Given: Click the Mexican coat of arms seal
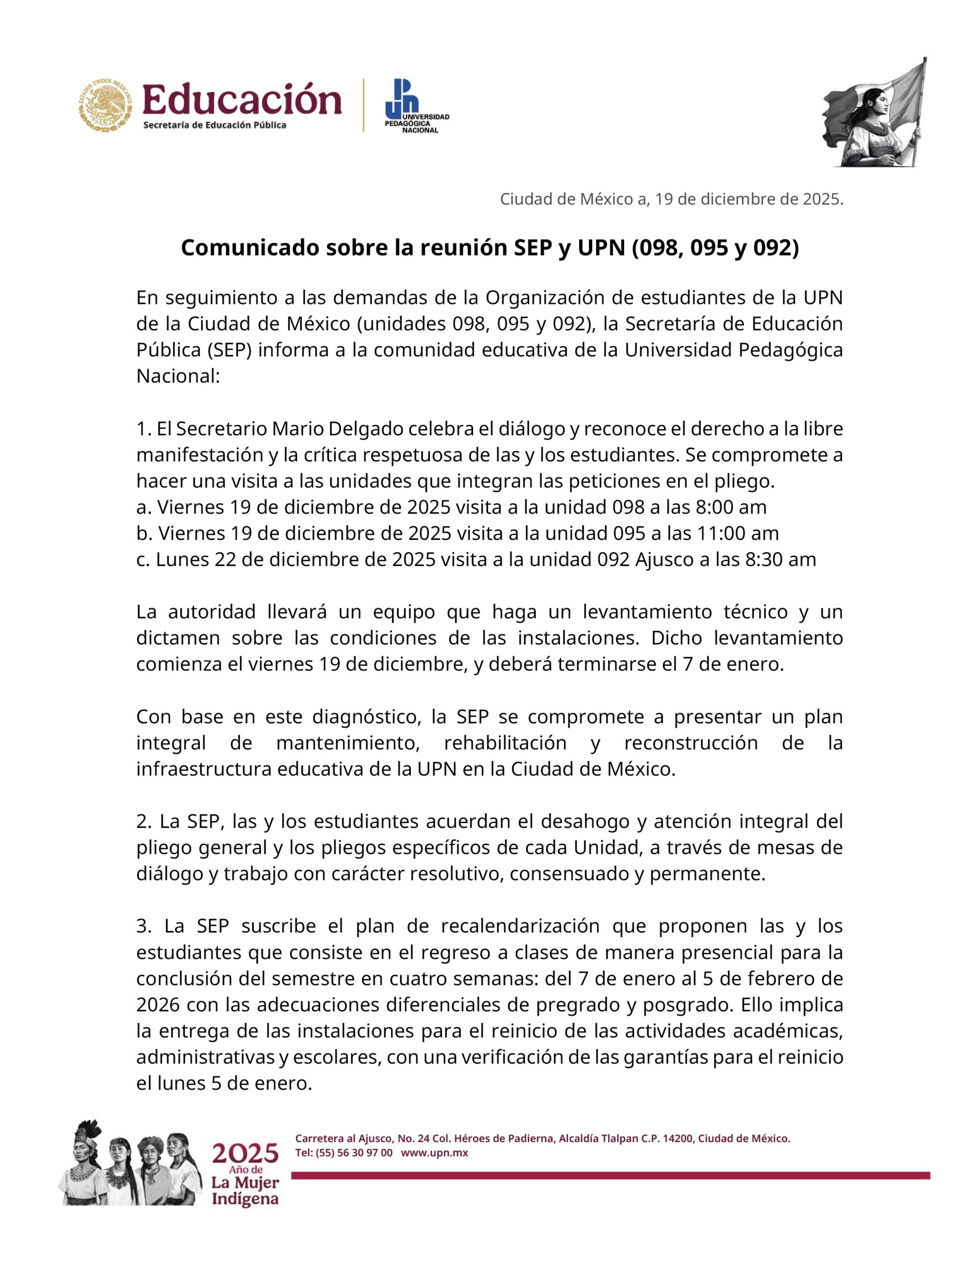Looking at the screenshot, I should pyautogui.click(x=106, y=105).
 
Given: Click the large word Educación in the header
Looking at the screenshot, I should pyautogui.click(x=242, y=99).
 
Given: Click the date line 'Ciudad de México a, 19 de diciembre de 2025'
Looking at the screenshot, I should pyautogui.click(x=671, y=199).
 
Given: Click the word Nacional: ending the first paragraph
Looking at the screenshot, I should pyautogui.click(x=178, y=376).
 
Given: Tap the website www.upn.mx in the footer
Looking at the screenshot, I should pyautogui.click(x=435, y=1152).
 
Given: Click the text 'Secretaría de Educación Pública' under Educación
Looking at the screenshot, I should pyautogui.click(x=215, y=125).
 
